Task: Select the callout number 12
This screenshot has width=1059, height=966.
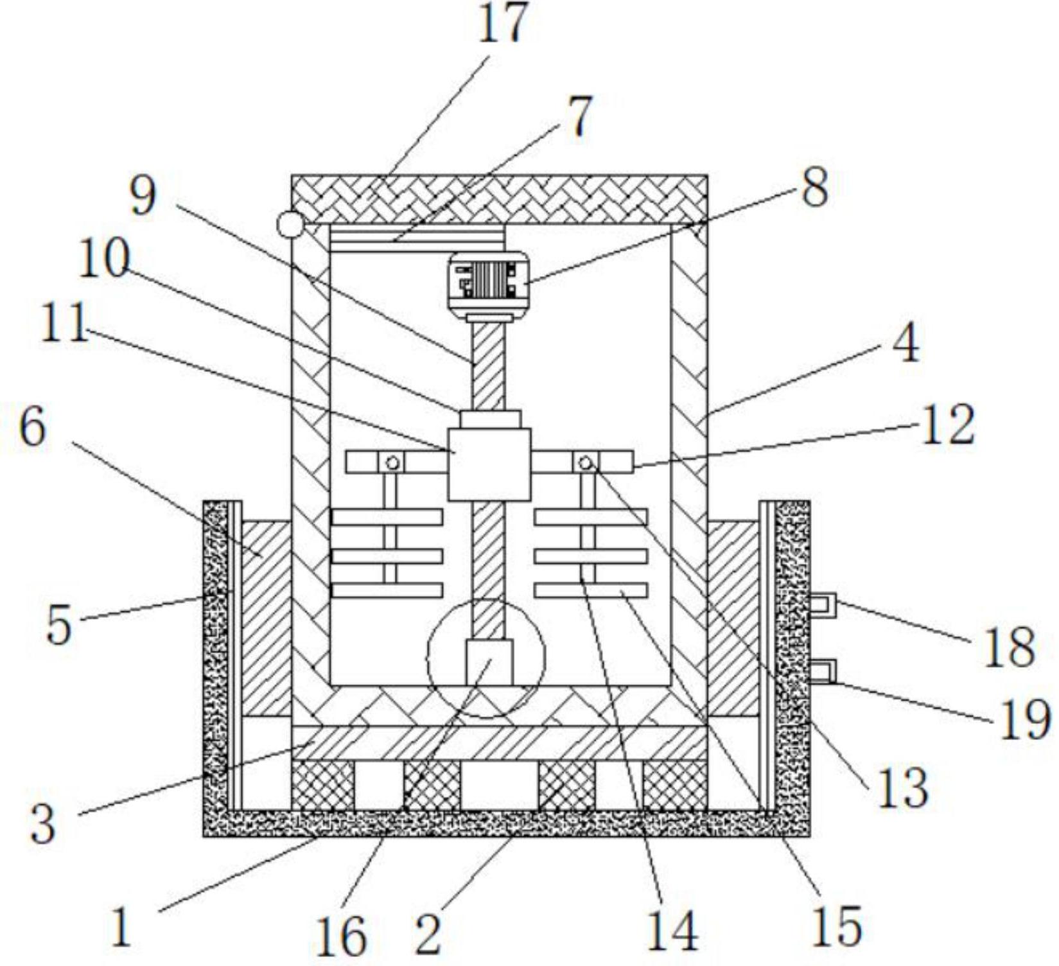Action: [948, 425]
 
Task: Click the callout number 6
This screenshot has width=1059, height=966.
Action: [32, 428]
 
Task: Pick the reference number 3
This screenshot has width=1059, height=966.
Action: [42, 824]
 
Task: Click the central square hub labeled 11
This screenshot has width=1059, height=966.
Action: [489, 464]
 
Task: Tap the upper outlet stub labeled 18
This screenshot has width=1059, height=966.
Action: [822, 604]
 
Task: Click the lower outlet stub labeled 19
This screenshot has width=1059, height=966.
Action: [822, 671]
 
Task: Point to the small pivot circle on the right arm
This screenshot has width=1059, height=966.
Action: [585, 462]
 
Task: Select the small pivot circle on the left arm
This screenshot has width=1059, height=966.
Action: [392, 462]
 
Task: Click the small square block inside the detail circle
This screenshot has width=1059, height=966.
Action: [489, 662]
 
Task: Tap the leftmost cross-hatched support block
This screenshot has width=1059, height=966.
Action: [322, 786]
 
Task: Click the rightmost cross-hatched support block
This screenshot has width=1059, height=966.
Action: [674, 786]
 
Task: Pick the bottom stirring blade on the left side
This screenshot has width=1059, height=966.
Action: [387, 590]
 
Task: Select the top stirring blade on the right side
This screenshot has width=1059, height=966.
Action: [590, 517]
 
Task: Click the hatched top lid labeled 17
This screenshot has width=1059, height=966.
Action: [499, 198]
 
